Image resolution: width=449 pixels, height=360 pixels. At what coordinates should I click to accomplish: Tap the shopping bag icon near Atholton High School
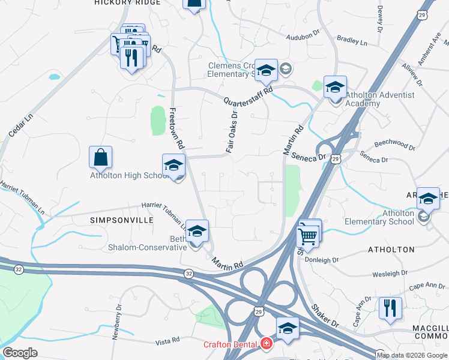[101, 157]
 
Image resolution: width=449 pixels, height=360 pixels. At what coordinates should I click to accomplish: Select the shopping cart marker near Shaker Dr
[308, 235]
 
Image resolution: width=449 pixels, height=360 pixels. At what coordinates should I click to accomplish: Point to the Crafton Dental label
[229, 344]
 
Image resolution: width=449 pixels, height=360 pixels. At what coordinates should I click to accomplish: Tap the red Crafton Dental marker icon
[265, 344]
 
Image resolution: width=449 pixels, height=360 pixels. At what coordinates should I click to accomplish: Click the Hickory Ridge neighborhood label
[127, 3]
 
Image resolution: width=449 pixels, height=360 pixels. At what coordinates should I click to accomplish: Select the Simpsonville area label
[121, 220]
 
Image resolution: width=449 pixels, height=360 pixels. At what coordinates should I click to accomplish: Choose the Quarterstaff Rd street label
[249, 95]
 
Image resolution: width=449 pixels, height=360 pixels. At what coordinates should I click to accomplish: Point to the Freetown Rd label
[175, 128]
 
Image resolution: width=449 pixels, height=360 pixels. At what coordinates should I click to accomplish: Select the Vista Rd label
[167, 340]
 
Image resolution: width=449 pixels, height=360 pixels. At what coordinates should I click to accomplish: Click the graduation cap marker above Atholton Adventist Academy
[335, 87]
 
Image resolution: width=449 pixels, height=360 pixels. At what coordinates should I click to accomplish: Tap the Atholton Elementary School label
[398, 217]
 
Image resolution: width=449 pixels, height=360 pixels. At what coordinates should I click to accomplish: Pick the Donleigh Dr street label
[322, 260]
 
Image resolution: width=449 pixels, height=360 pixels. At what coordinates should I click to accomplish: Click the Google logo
[20, 352]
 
